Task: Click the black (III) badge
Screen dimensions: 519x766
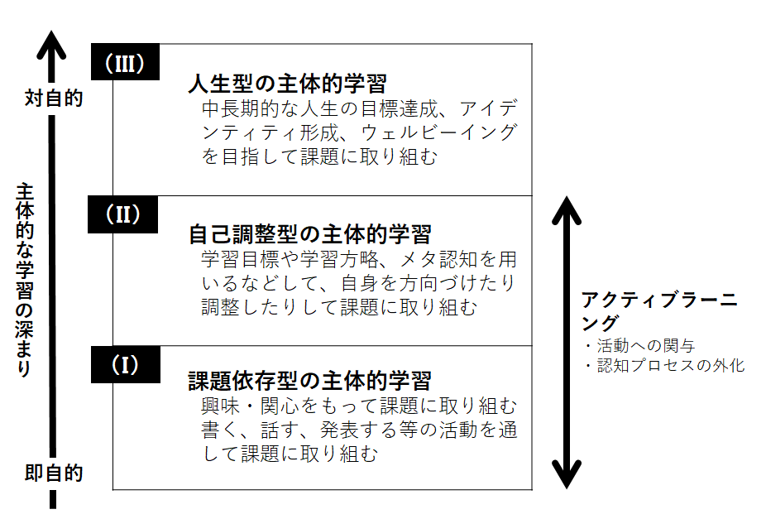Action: coord(125,63)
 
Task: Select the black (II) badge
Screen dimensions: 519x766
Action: coord(123,214)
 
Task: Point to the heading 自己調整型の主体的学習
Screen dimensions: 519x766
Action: coord(310,233)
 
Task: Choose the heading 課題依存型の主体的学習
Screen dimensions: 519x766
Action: coord(310,382)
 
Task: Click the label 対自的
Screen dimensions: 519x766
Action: coord(54,98)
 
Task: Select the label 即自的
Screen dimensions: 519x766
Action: coord(54,474)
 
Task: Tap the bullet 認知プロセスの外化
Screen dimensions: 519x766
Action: coord(667,365)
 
